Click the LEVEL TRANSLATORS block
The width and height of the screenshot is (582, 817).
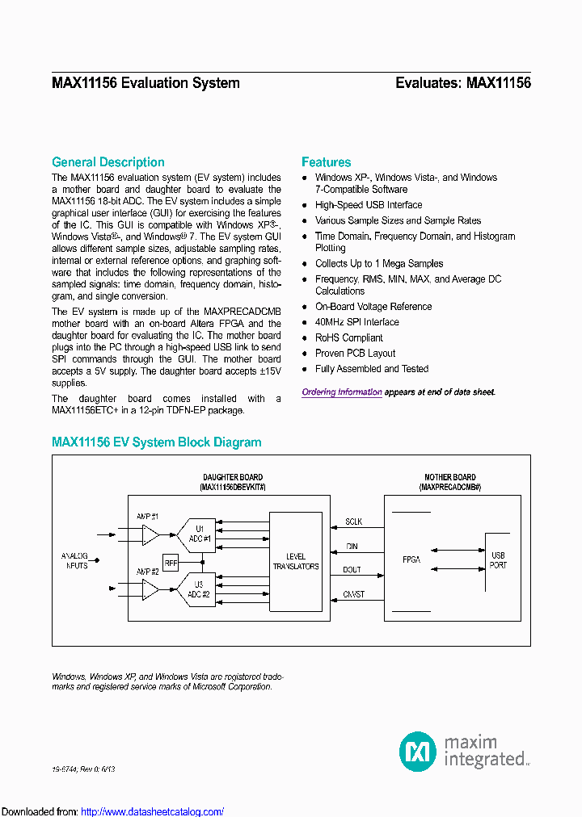click(296, 562)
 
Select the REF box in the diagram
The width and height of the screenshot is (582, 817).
click(171, 563)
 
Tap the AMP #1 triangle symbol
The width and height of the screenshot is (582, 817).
click(150, 534)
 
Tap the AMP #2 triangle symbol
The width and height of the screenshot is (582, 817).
click(150, 590)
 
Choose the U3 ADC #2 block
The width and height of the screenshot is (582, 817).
click(197, 590)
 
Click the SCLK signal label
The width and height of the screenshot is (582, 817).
click(354, 522)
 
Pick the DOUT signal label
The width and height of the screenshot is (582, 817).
click(352, 570)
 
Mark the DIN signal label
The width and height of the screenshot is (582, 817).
click(352, 547)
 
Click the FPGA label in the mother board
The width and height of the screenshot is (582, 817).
click(412, 559)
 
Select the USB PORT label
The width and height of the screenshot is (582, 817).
click(498, 560)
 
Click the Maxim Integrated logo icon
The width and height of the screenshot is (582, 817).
click(418, 752)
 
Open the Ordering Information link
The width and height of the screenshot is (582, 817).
click(342, 392)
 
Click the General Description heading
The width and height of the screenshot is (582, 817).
click(108, 162)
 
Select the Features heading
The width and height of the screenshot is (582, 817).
click(327, 162)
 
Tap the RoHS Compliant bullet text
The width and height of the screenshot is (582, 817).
click(349, 337)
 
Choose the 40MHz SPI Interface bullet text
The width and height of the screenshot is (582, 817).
click(356, 322)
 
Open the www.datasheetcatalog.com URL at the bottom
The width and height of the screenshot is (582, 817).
click(153, 811)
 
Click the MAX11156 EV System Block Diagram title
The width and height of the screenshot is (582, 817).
click(157, 442)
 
